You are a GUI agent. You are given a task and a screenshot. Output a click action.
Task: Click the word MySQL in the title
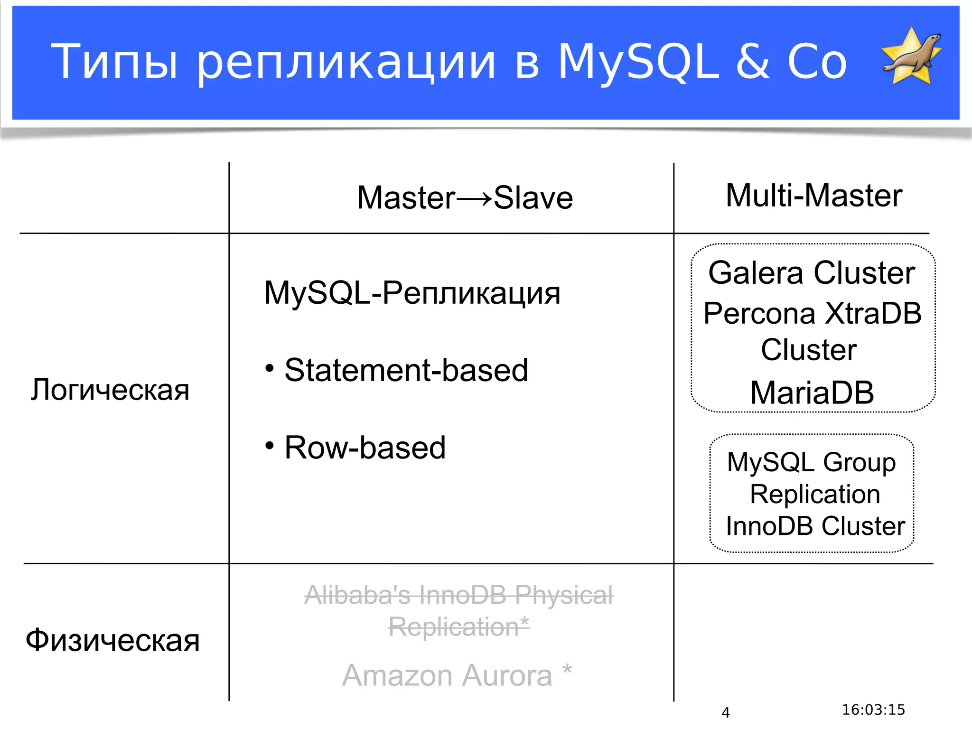click(x=638, y=62)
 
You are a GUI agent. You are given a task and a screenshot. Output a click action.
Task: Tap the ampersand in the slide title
click(x=753, y=62)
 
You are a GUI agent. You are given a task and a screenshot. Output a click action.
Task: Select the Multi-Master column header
click(x=813, y=196)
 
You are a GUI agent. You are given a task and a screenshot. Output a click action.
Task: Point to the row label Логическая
click(x=110, y=390)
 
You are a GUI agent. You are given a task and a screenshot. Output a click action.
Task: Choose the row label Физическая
click(x=112, y=640)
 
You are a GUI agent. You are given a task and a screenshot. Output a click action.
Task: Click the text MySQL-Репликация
click(x=412, y=293)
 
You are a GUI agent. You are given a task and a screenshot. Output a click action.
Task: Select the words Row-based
click(x=365, y=448)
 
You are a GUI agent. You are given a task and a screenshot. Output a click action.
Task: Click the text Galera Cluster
click(x=812, y=273)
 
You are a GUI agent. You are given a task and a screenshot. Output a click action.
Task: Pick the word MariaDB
click(x=812, y=393)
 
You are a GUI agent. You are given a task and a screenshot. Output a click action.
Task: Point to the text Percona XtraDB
click(x=812, y=314)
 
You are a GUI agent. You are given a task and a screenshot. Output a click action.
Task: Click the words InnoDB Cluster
click(x=815, y=526)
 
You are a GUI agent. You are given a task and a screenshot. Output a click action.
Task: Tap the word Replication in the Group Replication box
click(x=815, y=495)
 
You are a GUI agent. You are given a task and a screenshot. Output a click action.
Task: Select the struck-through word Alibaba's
click(x=357, y=595)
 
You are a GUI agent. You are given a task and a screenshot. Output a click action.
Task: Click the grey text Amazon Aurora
click(x=447, y=675)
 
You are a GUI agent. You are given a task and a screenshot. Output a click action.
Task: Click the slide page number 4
click(x=725, y=712)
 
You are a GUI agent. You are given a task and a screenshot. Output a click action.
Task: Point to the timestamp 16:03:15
click(x=873, y=710)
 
